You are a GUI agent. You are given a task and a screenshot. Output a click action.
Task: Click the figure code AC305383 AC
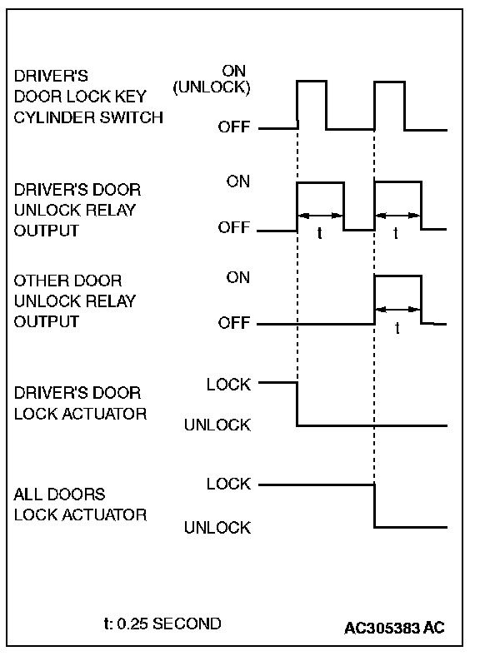[x=394, y=628]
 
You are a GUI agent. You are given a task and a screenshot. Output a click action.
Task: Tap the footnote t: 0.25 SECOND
[x=162, y=624]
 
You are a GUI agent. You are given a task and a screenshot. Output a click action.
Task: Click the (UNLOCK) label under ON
[x=212, y=87]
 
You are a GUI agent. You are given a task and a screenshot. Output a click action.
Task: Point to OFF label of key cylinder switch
[x=233, y=127]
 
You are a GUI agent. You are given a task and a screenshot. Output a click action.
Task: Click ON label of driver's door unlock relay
[x=237, y=181]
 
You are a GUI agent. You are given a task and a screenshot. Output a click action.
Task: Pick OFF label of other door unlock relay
[x=233, y=322]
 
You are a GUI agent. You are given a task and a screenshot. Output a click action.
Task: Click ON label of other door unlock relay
[x=237, y=277]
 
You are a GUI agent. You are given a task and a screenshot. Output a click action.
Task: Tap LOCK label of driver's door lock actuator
[x=228, y=384]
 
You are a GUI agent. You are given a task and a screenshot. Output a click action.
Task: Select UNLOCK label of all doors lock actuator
[x=217, y=528]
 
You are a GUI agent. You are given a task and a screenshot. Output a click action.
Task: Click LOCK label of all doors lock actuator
[x=228, y=484]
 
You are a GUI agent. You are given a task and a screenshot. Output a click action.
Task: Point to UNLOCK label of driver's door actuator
[x=217, y=425]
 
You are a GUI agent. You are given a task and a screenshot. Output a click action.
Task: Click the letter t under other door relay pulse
[x=397, y=327]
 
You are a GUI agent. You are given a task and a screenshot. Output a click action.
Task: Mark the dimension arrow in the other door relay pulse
[x=397, y=310]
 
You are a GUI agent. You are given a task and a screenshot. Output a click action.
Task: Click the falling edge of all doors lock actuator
[x=374, y=506]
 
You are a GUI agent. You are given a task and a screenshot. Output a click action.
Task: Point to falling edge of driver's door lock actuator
[x=297, y=404]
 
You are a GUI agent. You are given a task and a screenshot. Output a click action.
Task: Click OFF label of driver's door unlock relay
[x=233, y=227]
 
